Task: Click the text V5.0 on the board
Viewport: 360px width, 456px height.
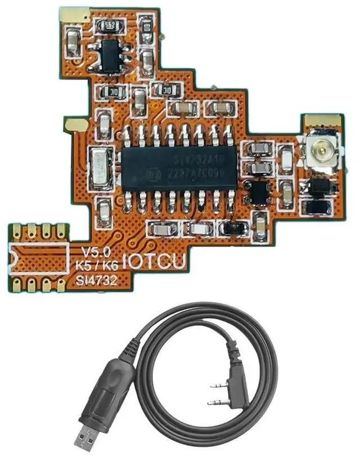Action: (x=91, y=252)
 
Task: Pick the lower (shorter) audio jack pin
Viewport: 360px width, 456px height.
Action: (x=217, y=403)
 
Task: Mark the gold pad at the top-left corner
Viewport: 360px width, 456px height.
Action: (x=72, y=16)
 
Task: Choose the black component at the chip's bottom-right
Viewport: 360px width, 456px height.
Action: (x=233, y=227)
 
